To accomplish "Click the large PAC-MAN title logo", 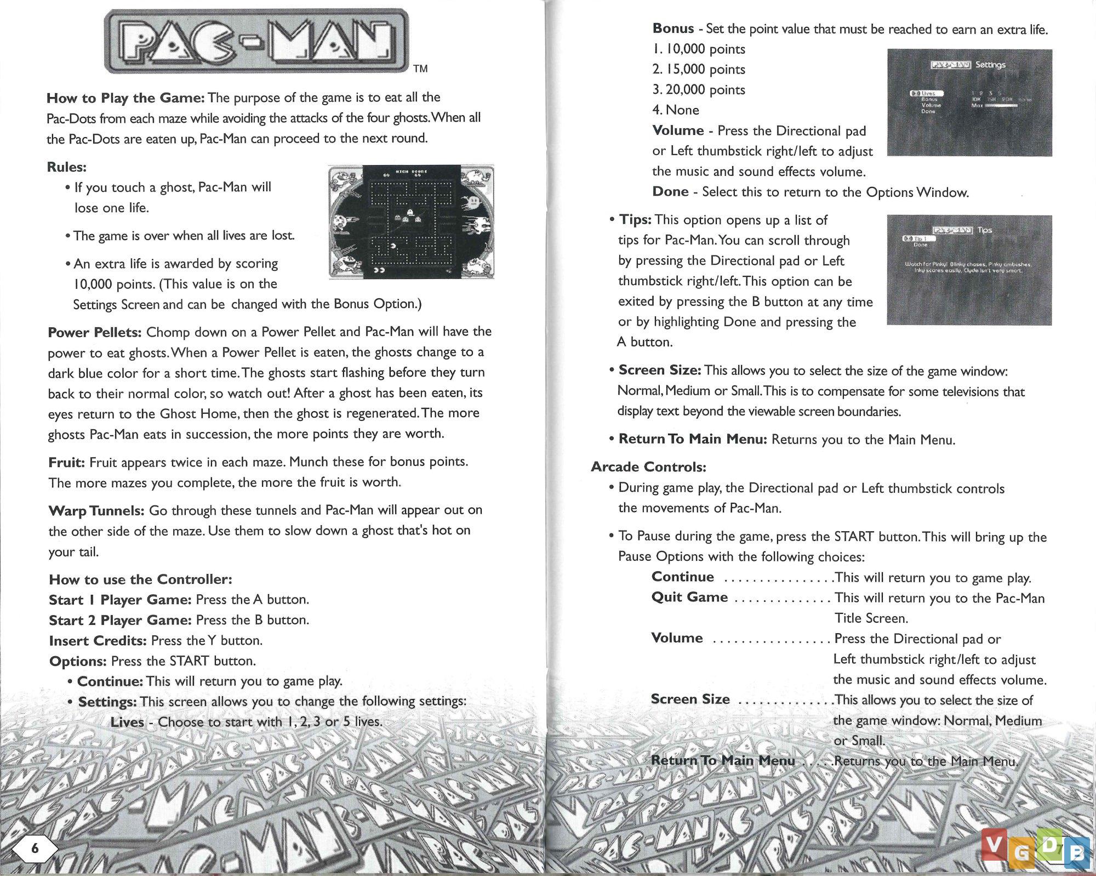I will (256, 41).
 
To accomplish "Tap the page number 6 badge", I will (35, 849).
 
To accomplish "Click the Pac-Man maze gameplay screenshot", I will (411, 221).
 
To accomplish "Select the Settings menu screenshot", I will (969, 103).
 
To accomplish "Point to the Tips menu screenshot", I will (969, 270).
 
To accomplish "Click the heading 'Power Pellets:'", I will (95, 332).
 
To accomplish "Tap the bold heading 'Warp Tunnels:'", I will (96, 510).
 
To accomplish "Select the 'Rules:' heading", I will (66, 167).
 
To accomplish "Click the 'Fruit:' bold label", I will (66, 462).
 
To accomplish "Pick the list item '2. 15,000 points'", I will (699, 70).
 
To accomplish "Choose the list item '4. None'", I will (676, 110).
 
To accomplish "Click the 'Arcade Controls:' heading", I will (648, 467).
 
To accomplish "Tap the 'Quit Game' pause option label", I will (689, 597).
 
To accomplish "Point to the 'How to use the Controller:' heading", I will (140, 579).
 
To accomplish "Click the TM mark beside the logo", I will (420, 69).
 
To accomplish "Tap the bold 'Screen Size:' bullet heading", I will (660, 371).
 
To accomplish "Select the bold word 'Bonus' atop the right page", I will (673, 29).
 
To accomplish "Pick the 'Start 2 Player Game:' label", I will (120, 620).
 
